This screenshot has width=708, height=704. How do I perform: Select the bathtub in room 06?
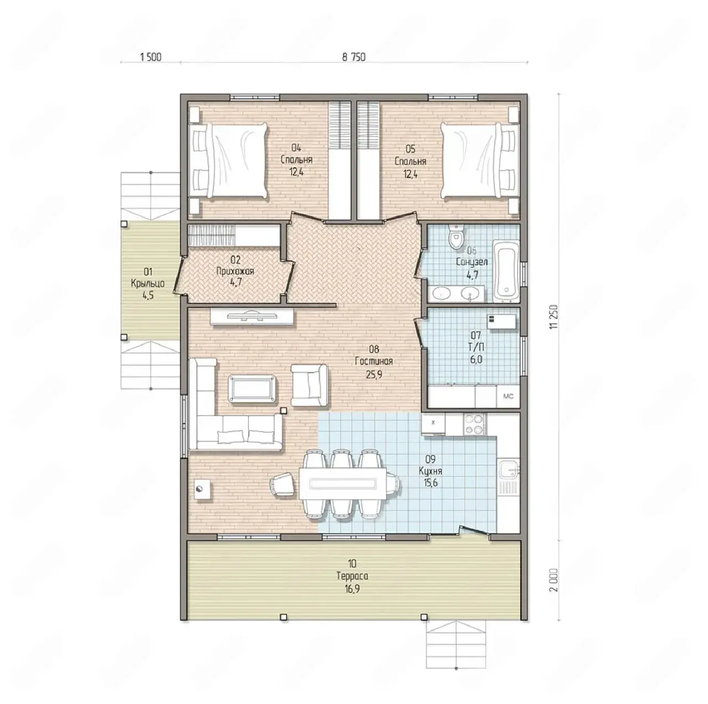tap(506, 271)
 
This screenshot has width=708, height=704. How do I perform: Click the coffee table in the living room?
tap(253, 389)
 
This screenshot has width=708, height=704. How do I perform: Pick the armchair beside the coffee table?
tap(309, 385)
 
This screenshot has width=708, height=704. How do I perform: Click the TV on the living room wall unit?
tap(251, 316)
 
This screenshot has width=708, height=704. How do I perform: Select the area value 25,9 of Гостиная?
tap(374, 374)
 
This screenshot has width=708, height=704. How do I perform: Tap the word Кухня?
tap(430, 471)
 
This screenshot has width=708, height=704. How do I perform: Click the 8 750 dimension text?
tap(354, 57)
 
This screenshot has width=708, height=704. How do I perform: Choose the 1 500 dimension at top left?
tap(150, 57)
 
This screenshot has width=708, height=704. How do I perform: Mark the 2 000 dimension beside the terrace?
tap(554, 580)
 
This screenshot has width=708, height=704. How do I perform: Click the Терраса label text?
tap(352, 576)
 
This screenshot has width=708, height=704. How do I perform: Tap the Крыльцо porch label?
tap(148, 284)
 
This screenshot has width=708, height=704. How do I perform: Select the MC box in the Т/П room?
tap(508, 397)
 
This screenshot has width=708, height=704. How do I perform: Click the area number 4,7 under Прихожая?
tap(236, 282)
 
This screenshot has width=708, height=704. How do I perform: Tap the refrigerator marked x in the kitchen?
tap(433, 424)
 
